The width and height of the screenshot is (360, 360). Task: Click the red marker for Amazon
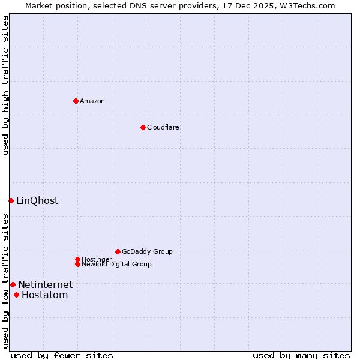(x=76, y=101)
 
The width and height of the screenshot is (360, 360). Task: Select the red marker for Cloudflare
(x=143, y=127)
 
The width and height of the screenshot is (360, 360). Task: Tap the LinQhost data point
(x=11, y=200)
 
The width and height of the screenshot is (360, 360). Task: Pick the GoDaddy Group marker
(x=118, y=251)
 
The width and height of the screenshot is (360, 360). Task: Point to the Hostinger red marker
(x=77, y=259)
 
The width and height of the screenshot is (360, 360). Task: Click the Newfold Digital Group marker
(x=77, y=264)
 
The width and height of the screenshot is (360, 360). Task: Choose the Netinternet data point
(x=13, y=284)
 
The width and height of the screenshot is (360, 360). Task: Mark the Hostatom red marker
(x=16, y=295)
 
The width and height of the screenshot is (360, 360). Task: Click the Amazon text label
(x=92, y=101)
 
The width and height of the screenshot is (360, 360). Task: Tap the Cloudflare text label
(x=163, y=127)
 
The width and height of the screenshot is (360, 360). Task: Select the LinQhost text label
(x=37, y=200)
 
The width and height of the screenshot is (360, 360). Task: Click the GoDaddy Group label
(x=147, y=251)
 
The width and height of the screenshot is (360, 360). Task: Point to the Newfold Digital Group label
(x=117, y=264)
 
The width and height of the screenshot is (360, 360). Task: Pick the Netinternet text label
(x=45, y=284)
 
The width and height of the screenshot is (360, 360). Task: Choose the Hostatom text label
(x=44, y=295)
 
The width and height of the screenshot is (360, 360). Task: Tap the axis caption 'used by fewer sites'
(x=62, y=355)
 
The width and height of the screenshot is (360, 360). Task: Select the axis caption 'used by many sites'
(x=301, y=355)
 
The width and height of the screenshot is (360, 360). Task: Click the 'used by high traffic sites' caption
(x=5, y=85)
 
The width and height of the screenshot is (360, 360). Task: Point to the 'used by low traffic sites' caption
(x=5, y=281)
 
